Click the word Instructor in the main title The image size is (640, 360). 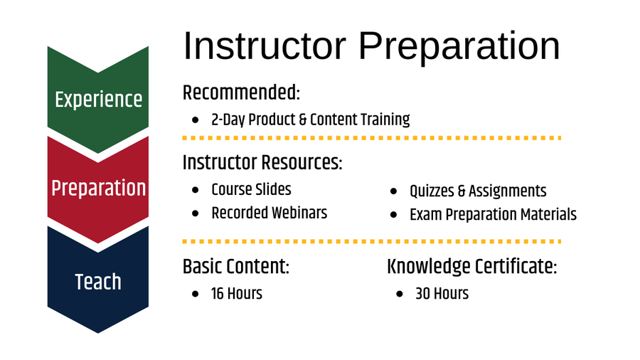[x=265, y=46]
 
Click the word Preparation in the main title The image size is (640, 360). [x=459, y=46]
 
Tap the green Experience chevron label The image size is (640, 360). [x=98, y=99]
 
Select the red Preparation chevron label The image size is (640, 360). [x=98, y=189]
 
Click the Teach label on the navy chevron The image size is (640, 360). [x=98, y=282]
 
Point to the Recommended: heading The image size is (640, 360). [x=241, y=92]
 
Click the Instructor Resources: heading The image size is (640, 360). [x=262, y=162]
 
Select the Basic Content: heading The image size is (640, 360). [x=236, y=267]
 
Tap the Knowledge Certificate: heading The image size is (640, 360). [x=471, y=267]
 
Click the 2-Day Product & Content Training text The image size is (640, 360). [x=310, y=119]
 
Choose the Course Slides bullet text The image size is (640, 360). [x=251, y=189]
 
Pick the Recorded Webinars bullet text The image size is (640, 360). [x=269, y=213]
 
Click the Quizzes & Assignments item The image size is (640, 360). [x=478, y=191]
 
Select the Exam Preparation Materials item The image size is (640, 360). [x=493, y=214]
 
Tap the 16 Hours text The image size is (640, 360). [x=236, y=292]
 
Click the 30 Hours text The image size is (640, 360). [x=442, y=293]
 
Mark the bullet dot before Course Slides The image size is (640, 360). [x=196, y=191]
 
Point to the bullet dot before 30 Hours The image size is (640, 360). [x=400, y=294]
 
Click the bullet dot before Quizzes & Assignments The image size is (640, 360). [x=394, y=192]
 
